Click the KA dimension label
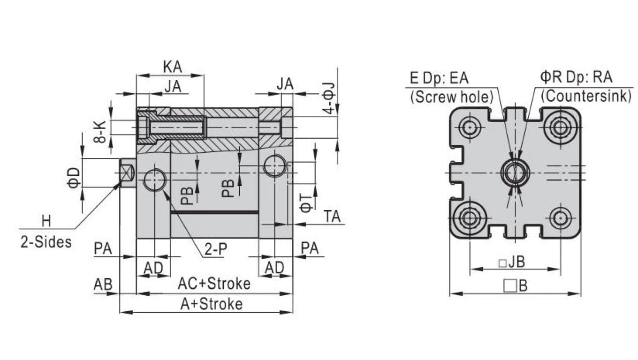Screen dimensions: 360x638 (172, 67)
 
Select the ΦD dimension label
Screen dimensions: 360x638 (74, 177)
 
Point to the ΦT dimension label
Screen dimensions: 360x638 (305, 203)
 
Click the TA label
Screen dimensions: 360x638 (332, 217)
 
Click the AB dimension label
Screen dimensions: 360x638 (103, 284)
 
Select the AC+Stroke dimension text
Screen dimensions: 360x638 (214, 284)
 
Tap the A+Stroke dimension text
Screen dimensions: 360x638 (212, 304)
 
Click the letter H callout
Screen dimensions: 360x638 (46, 220)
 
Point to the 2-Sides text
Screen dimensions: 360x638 (46, 242)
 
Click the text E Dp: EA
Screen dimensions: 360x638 (439, 78)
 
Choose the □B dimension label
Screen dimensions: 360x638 (515, 285)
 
